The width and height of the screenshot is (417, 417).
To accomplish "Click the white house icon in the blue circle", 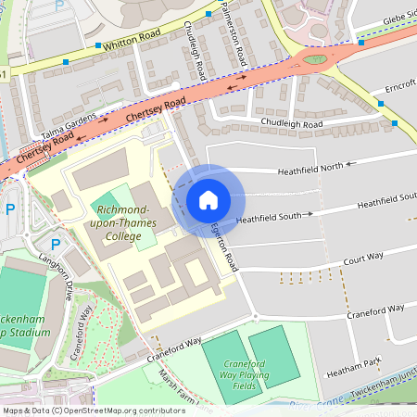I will [x=208, y=200].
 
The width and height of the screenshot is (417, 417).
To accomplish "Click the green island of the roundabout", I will [x=316, y=60].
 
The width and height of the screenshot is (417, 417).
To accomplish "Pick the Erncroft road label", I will [x=398, y=89].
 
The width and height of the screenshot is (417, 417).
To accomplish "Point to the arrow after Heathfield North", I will [x=350, y=165].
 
